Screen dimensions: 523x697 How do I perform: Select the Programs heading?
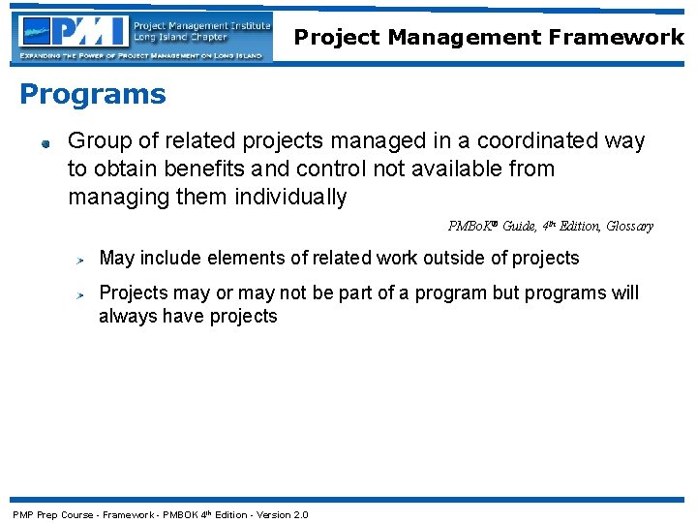pos(93,95)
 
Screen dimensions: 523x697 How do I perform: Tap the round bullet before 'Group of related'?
pos(45,143)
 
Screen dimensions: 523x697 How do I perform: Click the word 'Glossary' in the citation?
pos(629,227)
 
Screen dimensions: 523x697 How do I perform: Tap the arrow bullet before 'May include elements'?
pos(84,260)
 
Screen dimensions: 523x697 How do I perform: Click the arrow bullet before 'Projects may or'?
pos(84,294)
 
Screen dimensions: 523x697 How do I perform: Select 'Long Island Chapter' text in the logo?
pos(181,38)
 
